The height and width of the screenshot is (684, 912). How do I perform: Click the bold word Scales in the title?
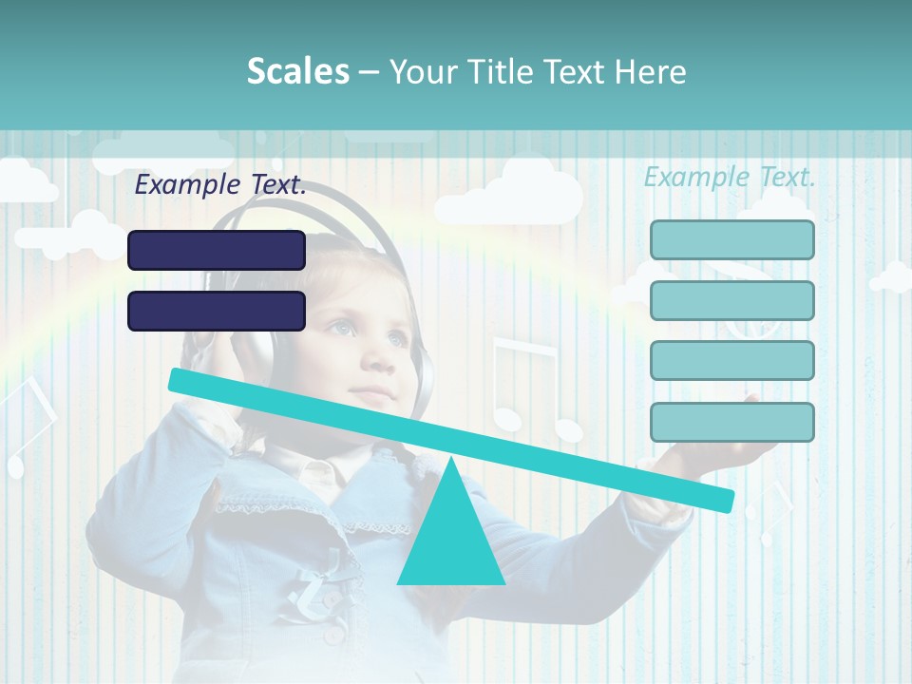(x=297, y=71)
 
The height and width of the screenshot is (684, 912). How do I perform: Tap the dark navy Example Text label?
(x=220, y=184)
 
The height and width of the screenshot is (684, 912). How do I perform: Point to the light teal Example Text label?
(x=730, y=176)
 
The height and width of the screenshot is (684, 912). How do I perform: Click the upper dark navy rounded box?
(x=217, y=250)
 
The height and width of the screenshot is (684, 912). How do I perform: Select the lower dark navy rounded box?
(x=217, y=311)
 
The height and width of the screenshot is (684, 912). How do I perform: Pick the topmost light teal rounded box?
(x=732, y=239)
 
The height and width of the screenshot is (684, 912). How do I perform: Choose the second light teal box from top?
(x=732, y=300)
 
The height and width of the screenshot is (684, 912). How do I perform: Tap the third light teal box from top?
(x=732, y=361)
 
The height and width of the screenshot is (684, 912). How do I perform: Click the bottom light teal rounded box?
(x=732, y=422)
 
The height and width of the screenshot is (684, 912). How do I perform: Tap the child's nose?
(x=377, y=359)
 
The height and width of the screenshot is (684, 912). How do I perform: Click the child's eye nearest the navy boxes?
(x=339, y=328)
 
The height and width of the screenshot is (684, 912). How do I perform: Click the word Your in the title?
(x=421, y=71)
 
